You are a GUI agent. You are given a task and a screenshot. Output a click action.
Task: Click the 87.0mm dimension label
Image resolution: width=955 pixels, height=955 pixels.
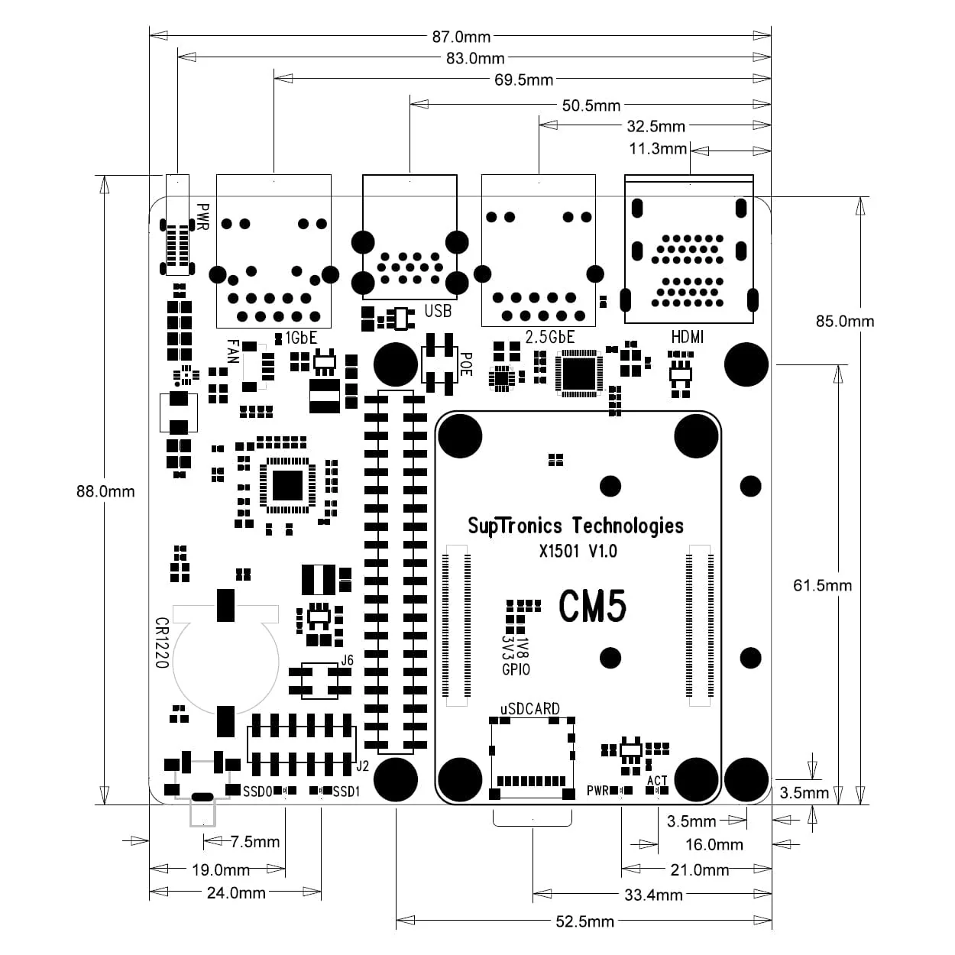[461, 36]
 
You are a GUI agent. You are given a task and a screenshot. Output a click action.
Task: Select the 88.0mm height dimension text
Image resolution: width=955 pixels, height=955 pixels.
[105, 491]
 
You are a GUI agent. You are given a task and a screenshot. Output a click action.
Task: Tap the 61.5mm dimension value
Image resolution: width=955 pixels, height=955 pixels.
[822, 585]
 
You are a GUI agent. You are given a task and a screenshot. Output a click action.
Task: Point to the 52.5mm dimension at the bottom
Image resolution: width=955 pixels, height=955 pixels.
[584, 921]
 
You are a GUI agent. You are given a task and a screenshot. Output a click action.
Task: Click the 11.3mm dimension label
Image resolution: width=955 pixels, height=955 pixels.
[658, 148]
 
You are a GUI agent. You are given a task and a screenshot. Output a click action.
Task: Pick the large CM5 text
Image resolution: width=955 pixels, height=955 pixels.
[593, 606]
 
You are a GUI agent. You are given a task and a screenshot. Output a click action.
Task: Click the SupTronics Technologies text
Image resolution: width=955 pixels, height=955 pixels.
[575, 526]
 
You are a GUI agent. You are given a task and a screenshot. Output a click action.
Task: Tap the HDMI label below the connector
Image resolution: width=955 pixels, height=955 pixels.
[687, 337]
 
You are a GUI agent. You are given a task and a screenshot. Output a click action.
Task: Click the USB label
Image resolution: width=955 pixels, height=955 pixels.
[438, 311]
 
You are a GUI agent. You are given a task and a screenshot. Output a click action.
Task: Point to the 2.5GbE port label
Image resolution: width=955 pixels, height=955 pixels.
[549, 337]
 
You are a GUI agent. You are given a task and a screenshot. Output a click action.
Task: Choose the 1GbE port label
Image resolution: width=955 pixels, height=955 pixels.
[300, 338]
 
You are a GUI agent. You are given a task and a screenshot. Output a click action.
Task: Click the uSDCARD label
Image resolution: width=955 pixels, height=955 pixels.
[530, 709]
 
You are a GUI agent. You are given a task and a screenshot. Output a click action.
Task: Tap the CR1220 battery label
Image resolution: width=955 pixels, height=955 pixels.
[161, 643]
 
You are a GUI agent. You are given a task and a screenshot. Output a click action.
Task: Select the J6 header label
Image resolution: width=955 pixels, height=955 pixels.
[347, 660]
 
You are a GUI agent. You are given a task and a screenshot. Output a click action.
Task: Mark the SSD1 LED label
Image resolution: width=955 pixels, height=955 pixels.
[346, 792]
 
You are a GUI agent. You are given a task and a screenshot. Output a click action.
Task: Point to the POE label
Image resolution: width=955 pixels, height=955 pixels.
[466, 364]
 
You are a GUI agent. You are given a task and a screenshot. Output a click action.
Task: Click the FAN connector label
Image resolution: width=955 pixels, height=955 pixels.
[233, 351]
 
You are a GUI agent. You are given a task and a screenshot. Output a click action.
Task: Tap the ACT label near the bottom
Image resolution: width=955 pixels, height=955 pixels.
[657, 781]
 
